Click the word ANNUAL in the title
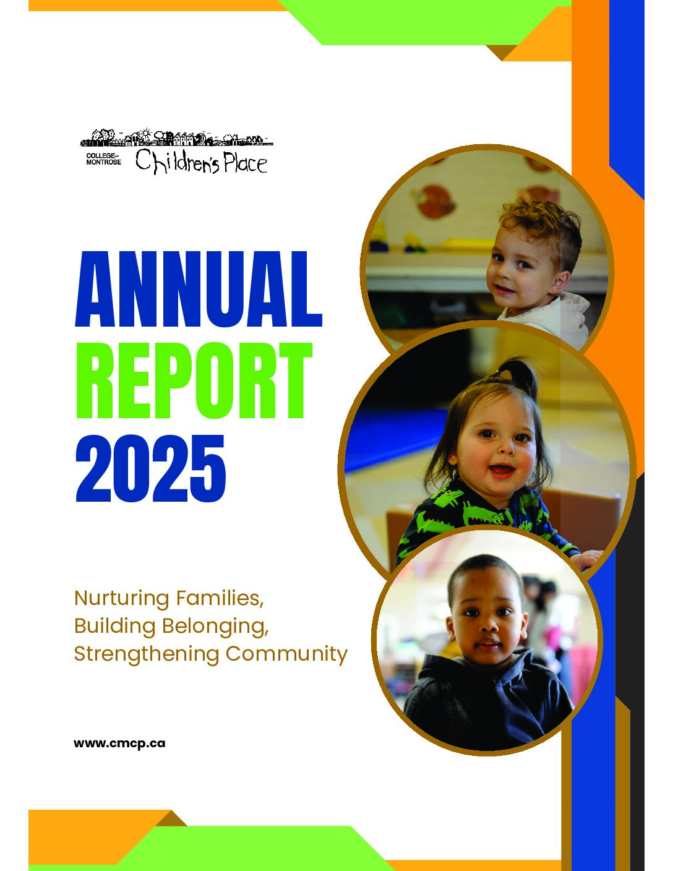(199, 289)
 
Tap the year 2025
(151, 468)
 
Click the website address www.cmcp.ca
(119, 744)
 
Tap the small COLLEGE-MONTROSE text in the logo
(103, 159)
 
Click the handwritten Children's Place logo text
(201, 161)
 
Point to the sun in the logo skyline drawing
(145, 132)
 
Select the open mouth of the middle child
(501, 470)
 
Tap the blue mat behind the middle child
(393, 439)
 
